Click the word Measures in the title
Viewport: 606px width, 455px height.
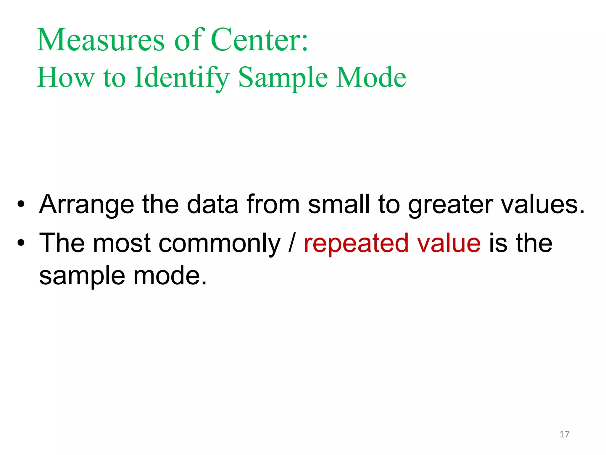100,40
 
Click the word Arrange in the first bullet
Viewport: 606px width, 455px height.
87,205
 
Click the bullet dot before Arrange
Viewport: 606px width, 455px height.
21,204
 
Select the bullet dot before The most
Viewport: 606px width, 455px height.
21,243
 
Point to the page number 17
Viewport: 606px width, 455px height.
564,434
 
